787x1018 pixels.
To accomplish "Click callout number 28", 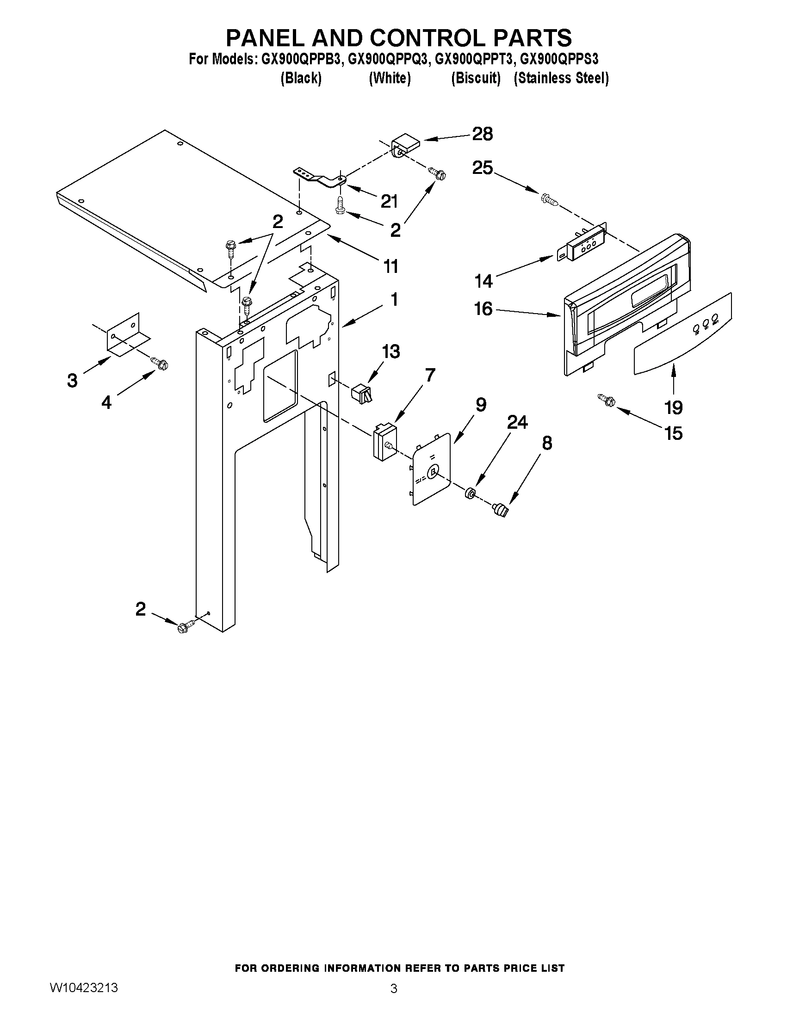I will pyautogui.click(x=482, y=134).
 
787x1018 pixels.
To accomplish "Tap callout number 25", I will pyautogui.click(x=483, y=168).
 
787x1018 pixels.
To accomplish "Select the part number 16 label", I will pyautogui.click(x=483, y=308).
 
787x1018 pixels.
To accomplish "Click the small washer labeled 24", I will pyautogui.click(x=470, y=492).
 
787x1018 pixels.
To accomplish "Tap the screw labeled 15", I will pyautogui.click(x=606, y=399).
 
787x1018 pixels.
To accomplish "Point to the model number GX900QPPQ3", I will pyautogui.click(x=388, y=60).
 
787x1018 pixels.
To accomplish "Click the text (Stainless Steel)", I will pyautogui.click(x=561, y=78).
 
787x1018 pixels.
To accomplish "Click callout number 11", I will pyautogui.click(x=390, y=266).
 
